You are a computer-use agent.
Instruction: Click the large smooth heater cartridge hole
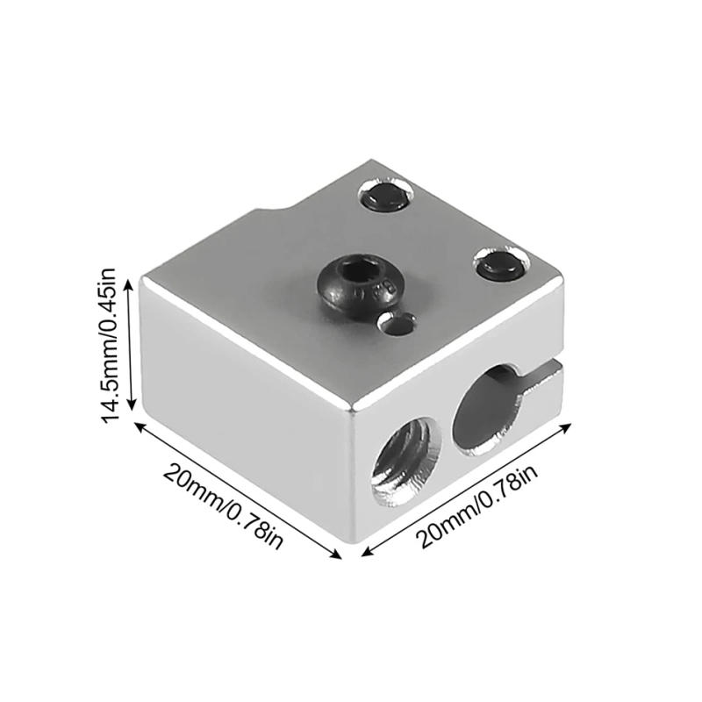point(488,411)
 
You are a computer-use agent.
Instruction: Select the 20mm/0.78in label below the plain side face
point(223,505)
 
